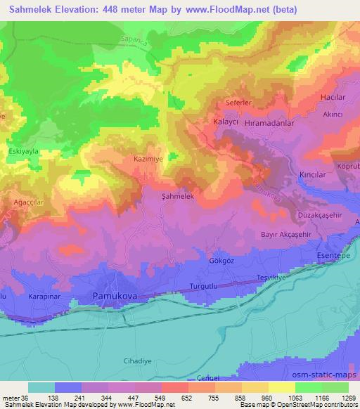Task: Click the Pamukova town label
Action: (116, 297)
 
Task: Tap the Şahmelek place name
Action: (177, 196)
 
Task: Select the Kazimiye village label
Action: (148, 160)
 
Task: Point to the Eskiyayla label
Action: (22, 149)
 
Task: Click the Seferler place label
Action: (239, 102)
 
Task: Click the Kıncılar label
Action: (314, 172)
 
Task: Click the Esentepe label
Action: (334, 256)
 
